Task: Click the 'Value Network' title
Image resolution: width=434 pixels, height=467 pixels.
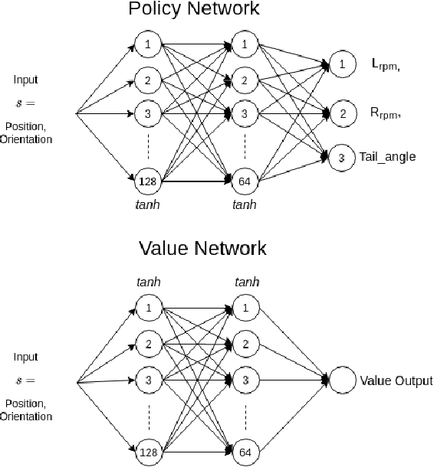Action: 203,248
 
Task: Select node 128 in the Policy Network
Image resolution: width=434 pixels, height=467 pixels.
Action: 146,181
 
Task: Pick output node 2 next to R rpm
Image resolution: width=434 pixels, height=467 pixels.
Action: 342,114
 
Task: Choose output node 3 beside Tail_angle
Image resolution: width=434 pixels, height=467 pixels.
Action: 342,158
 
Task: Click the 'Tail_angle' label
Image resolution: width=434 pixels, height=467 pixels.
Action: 387,157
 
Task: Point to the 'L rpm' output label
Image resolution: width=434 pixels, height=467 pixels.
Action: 386,67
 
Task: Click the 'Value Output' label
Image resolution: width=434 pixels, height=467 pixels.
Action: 396,380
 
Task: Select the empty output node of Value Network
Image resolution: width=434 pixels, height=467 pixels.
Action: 342,380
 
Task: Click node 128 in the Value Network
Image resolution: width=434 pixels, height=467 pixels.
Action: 146,452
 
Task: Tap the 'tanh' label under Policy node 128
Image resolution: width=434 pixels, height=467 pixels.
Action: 146,206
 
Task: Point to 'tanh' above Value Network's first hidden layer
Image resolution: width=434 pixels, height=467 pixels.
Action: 146,283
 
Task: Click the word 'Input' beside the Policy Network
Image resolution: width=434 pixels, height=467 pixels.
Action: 25,80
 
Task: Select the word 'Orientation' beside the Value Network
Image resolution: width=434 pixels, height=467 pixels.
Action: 26,416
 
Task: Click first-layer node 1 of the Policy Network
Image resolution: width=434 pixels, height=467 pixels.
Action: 146,44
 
